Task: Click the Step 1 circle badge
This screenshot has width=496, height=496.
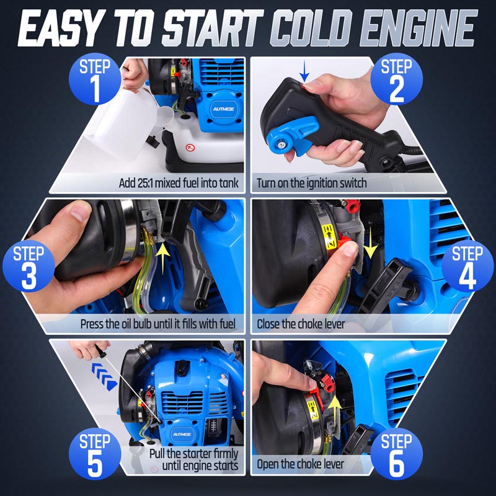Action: coord(95,79)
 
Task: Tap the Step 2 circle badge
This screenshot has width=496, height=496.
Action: coord(396,79)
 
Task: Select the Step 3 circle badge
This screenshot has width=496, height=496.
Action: coord(29,266)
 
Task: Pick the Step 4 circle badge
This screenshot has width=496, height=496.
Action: coord(467,266)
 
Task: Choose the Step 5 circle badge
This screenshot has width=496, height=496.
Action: coord(95,454)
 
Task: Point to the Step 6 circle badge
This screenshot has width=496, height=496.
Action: coord(396,454)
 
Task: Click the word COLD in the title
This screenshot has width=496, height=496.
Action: coord(314,29)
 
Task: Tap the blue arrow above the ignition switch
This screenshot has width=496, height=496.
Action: coord(304,71)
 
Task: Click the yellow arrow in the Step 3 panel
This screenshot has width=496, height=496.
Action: coord(163,258)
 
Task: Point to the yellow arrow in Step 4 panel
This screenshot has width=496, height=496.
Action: coord(370,242)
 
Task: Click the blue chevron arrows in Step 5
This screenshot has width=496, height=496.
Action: coord(104,376)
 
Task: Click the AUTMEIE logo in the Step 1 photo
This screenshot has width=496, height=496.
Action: coord(223,109)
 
